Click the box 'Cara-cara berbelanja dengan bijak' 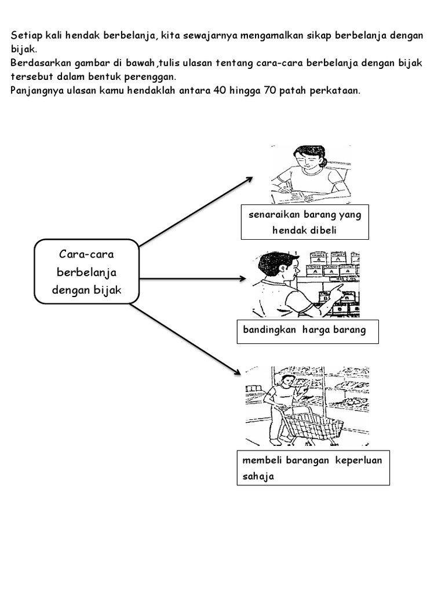(x=86, y=272)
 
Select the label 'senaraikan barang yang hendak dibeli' (x=305, y=222)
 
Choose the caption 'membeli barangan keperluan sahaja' (x=313, y=468)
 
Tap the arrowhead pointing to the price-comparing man (x=243, y=279)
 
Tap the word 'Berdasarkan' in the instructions (x=39, y=63)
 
